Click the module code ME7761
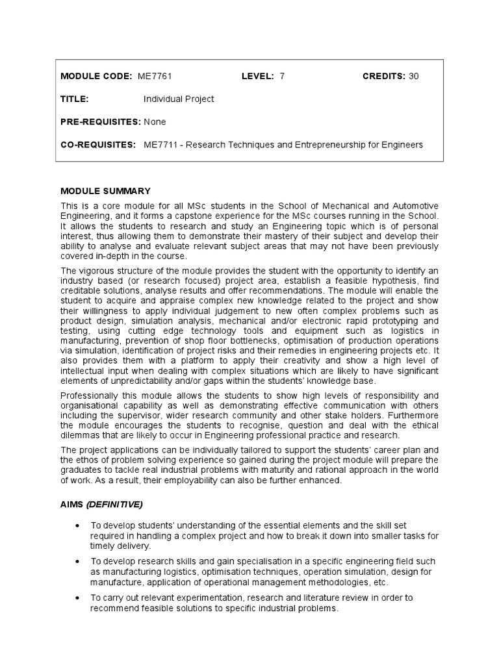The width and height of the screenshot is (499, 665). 154,76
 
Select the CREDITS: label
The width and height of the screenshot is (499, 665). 383,76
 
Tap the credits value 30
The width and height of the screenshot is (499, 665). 414,76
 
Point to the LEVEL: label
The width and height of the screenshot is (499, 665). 257,76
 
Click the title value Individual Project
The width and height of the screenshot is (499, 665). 179,99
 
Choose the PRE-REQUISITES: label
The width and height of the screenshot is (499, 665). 101,121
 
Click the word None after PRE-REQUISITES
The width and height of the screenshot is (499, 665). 155,121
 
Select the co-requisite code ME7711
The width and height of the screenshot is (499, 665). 160,144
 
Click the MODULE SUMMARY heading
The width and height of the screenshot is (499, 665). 105,191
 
